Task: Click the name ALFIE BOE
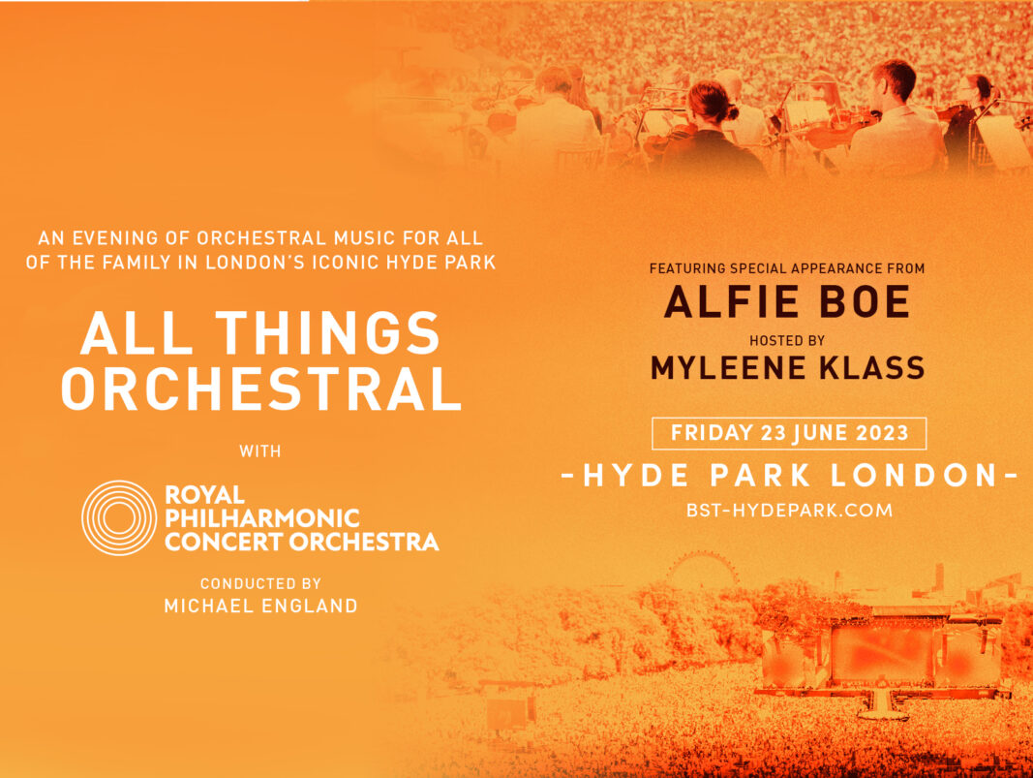click(x=787, y=301)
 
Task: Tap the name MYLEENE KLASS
click(x=788, y=368)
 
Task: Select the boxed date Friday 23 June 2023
click(x=789, y=433)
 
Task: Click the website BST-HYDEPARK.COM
click(x=789, y=511)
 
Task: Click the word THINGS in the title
click(x=327, y=333)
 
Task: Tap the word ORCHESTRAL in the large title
click(x=260, y=389)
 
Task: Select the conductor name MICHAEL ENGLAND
click(x=260, y=606)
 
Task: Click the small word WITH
click(x=260, y=451)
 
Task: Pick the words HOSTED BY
click(x=787, y=341)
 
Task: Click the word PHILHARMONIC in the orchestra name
click(x=262, y=518)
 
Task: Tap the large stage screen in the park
click(x=883, y=653)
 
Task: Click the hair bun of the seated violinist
click(x=731, y=112)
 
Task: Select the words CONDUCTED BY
click(x=260, y=583)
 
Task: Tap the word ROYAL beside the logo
click(x=204, y=494)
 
